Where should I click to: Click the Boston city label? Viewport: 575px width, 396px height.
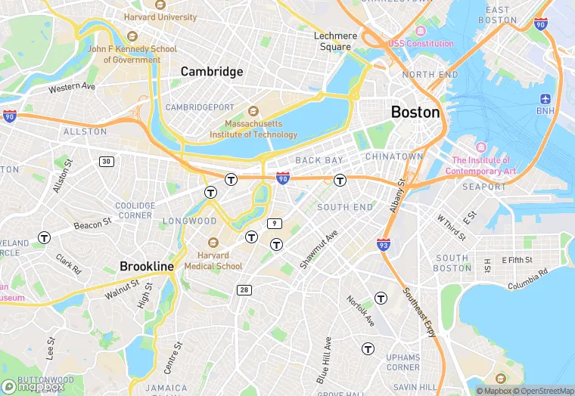point(415,112)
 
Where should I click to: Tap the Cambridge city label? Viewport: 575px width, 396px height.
point(212,72)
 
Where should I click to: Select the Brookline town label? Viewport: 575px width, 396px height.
point(147,266)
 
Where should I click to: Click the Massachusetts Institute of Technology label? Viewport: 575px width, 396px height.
point(261,128)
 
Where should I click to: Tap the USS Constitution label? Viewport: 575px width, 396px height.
point(421,44)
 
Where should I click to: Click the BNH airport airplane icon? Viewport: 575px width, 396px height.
point(545,99)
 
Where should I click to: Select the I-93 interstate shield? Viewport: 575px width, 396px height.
point(384,243)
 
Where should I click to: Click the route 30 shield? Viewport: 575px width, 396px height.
point(106,161)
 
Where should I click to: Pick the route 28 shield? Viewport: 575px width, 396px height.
point(244,289)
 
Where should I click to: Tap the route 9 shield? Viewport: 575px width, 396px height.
point(275,224)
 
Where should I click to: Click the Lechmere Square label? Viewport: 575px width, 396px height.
point(334,41)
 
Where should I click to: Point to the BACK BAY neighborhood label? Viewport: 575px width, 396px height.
point(319,160)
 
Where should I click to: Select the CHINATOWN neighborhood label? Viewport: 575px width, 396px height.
point(393,156)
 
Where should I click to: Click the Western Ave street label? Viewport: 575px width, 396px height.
point(73,88)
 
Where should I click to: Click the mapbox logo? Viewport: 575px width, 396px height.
point(33,386)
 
